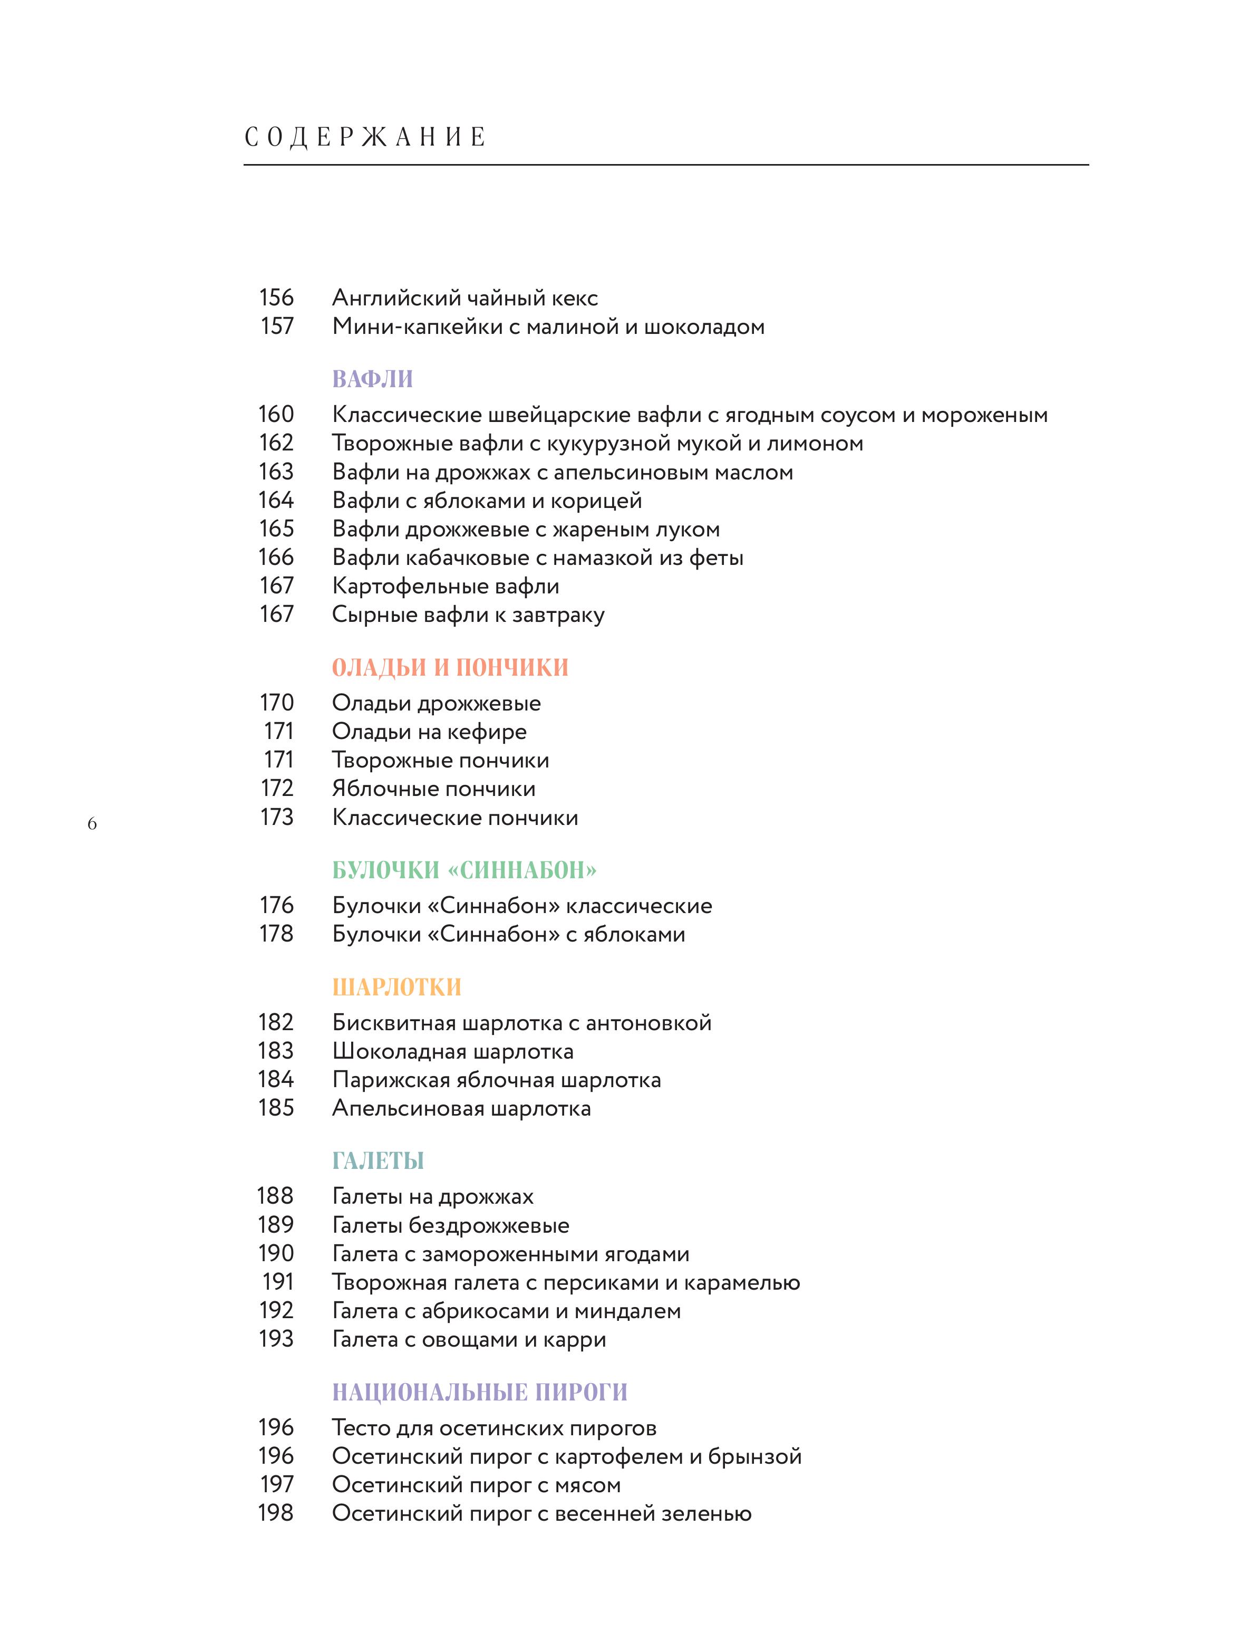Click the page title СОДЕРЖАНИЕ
(365, 137)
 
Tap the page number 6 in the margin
(92, 824)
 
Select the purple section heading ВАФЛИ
(372, 379)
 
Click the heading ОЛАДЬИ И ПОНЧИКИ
(450, 667)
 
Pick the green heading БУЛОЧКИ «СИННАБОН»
(465, 870)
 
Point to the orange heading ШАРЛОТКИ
(396, 987)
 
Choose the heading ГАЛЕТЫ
(378, 1160)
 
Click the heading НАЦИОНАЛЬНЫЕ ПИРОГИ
(479, 1392)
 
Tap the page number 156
(276, 297)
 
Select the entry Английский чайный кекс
(465, 298)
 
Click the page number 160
(276, 414)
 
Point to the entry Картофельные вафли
(446, 586)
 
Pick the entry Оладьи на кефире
(429, 731)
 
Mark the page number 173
(276, 817)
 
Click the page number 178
(276, 934)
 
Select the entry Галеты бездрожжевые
(450, 1225)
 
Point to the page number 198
(276, 1513)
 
